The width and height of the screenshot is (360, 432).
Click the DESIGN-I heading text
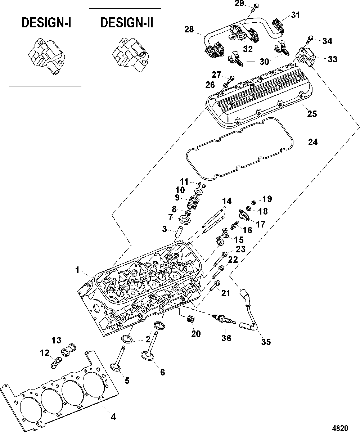pyautogui.click(x=46, y=23)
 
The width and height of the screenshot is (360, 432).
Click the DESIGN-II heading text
pyautogui.click(x=127, y=23)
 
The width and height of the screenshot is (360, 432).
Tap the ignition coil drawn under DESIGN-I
pyautogui.click(x=46, y=56)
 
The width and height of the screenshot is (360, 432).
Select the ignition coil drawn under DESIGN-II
pyautogui.click(x=130, y=55)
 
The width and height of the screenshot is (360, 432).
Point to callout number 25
pyautogui.click(x=312, y=114)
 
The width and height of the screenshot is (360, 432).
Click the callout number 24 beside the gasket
pyautogui.click(x=313, y=142)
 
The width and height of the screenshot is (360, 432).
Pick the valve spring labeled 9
pyautogui.click(x=193, y=202)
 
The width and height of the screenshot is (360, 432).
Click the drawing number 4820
pyautogui.click(x=340, y=427)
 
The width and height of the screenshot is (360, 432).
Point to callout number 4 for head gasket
pyautogui.click(x=113, y=417)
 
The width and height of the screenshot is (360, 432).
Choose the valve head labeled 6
pyautogui.click(x=148, y=356)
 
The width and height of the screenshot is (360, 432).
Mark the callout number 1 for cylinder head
pyautogui.click(x=77, y=270)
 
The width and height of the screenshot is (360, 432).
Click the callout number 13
pyautogui.click(x=57, y=340)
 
